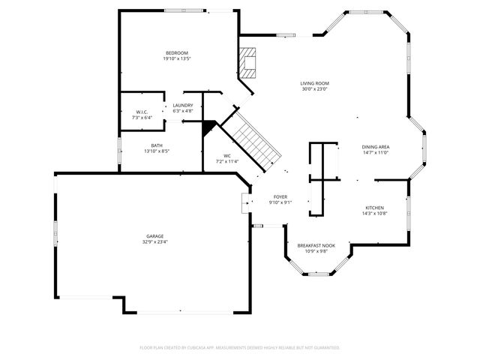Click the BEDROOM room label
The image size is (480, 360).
tap(177, 52)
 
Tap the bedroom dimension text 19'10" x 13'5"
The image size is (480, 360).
tap(177, 58)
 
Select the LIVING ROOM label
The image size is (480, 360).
tap(315, 83)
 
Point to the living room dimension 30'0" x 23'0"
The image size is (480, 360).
tap(315, 89)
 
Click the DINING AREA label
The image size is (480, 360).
tap(375, 146)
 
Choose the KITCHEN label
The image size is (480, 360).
tap(374, 207)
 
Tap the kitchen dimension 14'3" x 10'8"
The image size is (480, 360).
tap(374, 213)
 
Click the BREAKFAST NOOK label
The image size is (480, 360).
tap(316, 245)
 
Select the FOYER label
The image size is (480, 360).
tap(280, 196)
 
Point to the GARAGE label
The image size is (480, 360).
tap(155, 236)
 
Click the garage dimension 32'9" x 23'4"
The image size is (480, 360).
tap(155, 242)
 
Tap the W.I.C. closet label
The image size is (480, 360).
tap(142, 112)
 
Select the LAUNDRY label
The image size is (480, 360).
tap(183, 105)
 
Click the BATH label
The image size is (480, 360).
tap(157, 145)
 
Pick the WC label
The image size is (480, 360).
tap(226, 155)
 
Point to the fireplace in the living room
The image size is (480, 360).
tap(249, 63)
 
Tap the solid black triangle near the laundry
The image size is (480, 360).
tap(208, 127)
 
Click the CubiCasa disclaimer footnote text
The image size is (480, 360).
tap(240, 347)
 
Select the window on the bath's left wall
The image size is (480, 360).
tap(120, 148)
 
